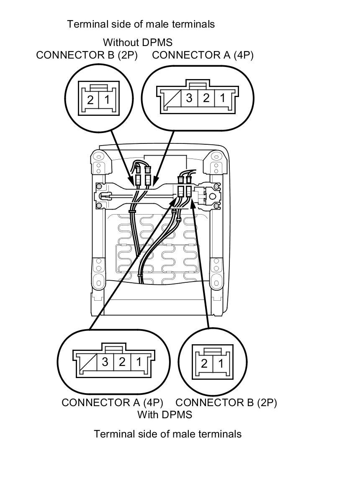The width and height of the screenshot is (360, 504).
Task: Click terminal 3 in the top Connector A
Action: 189,98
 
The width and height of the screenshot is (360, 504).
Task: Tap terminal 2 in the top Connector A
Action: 206,98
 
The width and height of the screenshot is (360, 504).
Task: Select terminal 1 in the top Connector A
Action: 222,98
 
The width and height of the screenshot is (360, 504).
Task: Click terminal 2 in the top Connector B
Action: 90,100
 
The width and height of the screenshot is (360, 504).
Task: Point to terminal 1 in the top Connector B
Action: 107,100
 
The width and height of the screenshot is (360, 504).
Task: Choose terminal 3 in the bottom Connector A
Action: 105,362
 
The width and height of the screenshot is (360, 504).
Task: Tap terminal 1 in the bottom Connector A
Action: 138,362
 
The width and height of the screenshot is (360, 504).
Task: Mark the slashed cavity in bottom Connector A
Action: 88,362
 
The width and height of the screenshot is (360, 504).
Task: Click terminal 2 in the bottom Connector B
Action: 204,363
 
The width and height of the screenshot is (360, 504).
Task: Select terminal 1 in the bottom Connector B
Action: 220,363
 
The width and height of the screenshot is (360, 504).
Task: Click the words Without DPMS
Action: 137,42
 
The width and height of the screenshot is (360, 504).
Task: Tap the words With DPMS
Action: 165,414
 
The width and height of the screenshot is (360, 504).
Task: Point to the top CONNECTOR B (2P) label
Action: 87,55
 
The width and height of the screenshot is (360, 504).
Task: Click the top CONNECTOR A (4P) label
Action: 203,55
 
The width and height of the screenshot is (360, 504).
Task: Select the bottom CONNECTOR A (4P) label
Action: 112,402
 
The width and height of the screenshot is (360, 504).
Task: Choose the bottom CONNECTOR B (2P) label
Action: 226,402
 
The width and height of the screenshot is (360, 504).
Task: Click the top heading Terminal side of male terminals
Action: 141,24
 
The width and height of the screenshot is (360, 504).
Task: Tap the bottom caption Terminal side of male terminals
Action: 167,434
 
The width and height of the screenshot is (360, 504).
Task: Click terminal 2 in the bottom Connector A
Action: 122,362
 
